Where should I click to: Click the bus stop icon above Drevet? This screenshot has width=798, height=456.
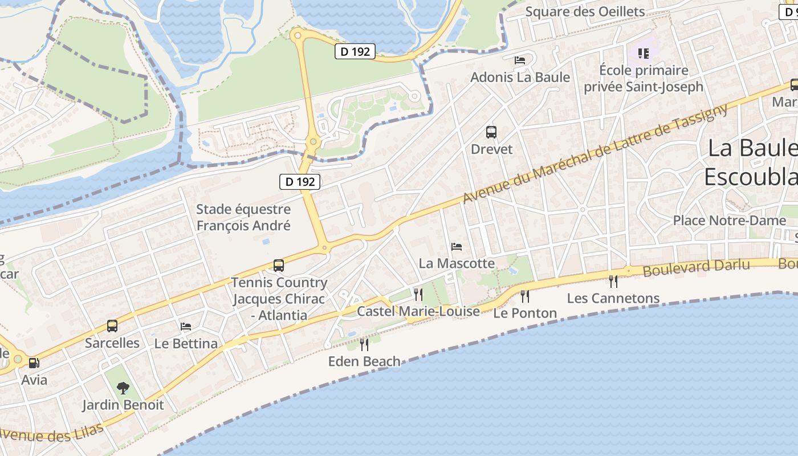pos(491,132)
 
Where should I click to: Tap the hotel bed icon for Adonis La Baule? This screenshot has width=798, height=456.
pos(520,60)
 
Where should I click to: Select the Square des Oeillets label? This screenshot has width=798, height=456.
pos(585,11)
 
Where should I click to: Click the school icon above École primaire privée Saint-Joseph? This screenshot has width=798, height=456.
pos(644,54)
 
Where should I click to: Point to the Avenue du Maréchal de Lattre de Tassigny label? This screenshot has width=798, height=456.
pos(595,153)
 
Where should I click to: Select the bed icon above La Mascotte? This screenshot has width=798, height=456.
pos(457,247)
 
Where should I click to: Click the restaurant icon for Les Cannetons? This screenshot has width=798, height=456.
pos(613,281)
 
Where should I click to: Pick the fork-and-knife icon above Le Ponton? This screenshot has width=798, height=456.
pos(525,296)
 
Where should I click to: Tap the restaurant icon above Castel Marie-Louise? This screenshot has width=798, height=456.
pos(418,294)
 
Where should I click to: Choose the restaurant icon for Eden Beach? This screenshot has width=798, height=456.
pos(364,344)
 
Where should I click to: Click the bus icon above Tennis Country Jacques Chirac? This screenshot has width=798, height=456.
pos(279,266)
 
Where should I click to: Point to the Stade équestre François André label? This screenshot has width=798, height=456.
pos(243,217)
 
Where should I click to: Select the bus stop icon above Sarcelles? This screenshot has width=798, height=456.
pos(112,326)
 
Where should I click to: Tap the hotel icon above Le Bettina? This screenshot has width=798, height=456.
pos(186,327)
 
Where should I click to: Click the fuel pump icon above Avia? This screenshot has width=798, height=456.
pos(34,363)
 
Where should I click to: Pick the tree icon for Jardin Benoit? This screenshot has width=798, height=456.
pos(123,388)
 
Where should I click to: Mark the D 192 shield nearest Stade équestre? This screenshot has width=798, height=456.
pos(300,182)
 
